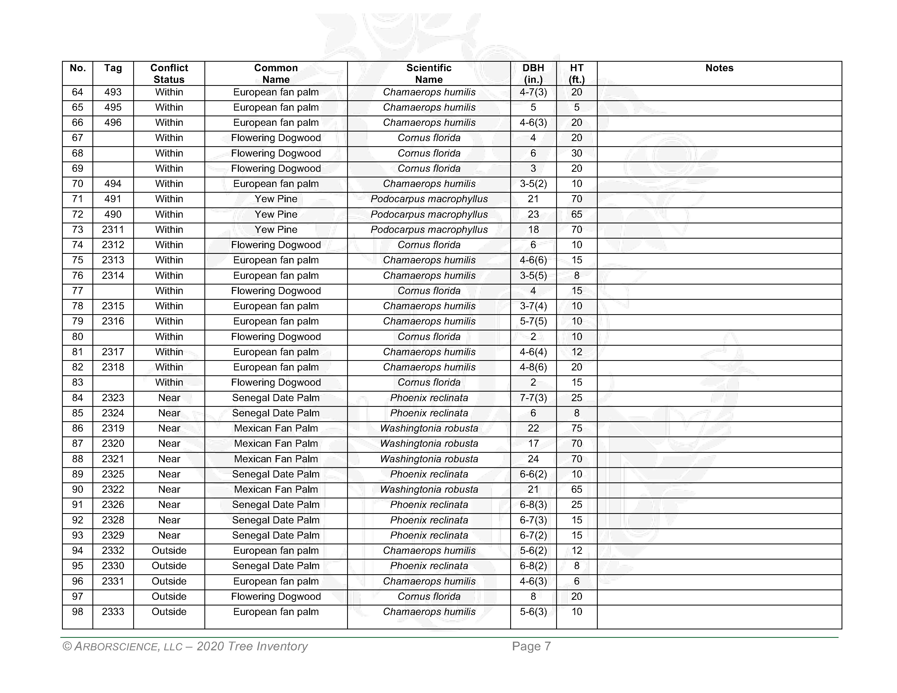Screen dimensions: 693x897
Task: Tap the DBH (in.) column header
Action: pos(533,73)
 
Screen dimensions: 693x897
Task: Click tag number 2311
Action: pos(113,229)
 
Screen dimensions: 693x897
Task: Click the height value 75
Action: pos(577,428)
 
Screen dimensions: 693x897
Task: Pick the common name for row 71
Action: pos(276,199)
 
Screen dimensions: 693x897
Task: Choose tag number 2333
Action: pos(113,612)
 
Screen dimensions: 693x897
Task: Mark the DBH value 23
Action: pos(533,214)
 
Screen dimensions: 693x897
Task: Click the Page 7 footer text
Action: pos(531,647)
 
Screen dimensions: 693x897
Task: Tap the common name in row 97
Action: pos(276,597)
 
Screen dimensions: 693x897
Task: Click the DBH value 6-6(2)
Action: pos(533,474)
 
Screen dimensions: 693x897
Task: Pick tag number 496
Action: pos(113,123)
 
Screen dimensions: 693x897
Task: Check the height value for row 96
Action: pos(577,581)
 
